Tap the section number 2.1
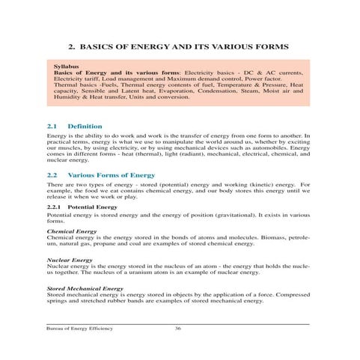tap(52, 126)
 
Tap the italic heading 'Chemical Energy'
tap(71, 231)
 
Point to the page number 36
tap(177, 329)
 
